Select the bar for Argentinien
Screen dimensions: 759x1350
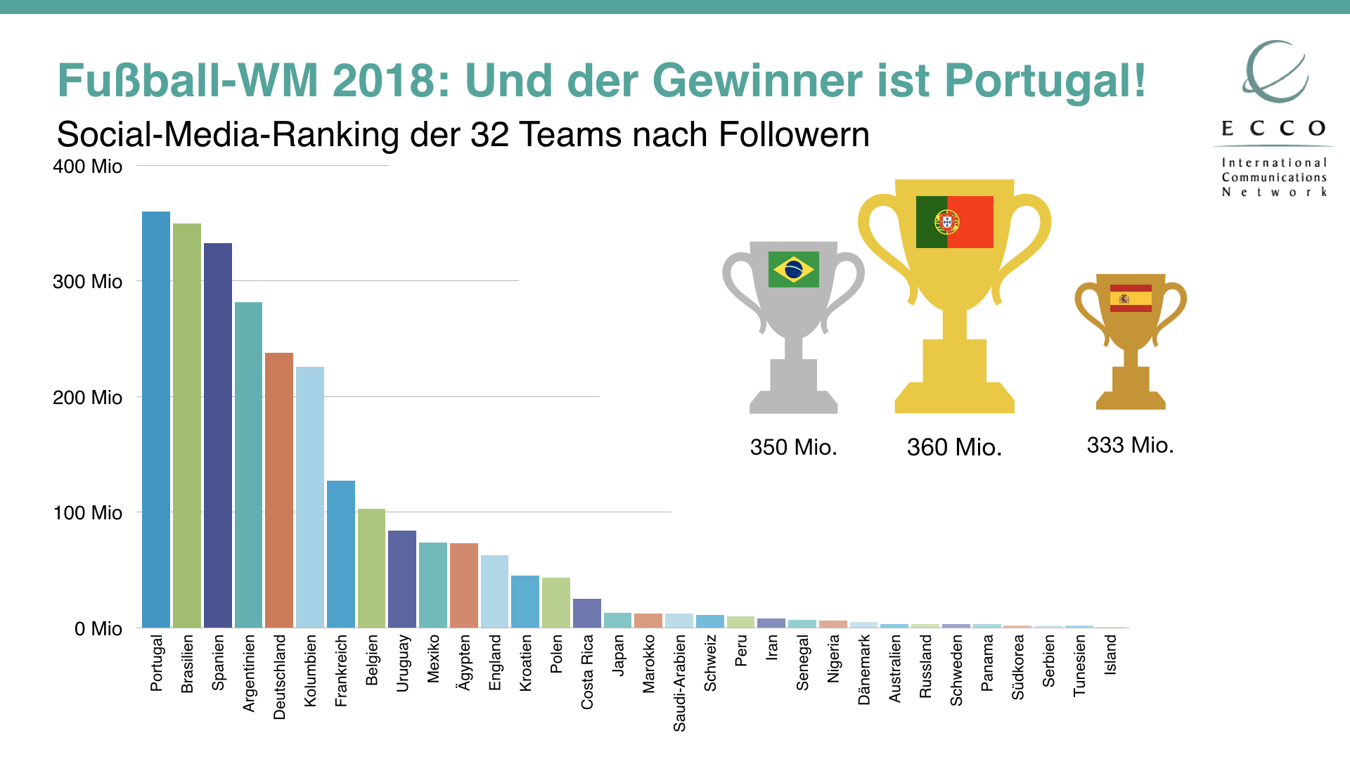pos(248,465)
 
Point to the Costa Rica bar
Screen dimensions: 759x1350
pos(587,613)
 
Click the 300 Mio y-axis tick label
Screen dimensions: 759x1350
pos(87,282)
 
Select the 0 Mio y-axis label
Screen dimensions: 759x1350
pos(98,629)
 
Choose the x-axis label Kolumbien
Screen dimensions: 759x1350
pos(310,670)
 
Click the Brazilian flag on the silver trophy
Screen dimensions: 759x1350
pos(794,269)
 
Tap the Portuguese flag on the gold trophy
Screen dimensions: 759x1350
pos(954,222)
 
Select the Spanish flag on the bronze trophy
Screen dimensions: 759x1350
pos(1131,298)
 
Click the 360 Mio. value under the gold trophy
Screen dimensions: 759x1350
pos(954,447)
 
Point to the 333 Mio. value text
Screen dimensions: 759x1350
pos(1130,445)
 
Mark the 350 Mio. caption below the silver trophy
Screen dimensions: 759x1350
pos(793,447)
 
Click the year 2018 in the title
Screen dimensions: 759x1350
pos(385,81)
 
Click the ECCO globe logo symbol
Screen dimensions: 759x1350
pos(1275,72)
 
